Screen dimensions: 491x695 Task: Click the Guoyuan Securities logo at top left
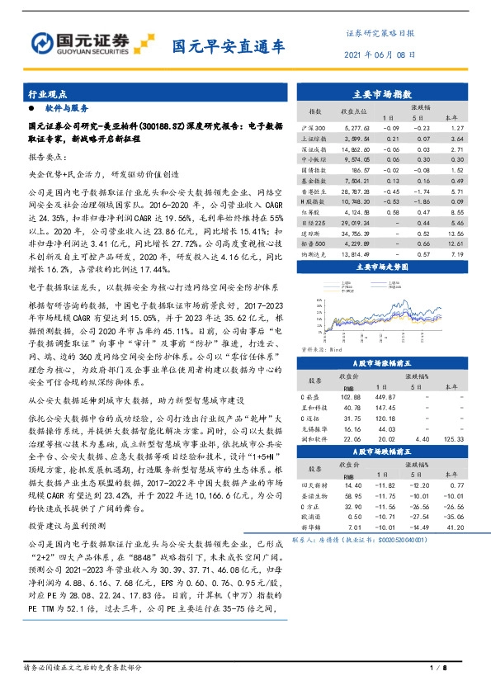[91, 42]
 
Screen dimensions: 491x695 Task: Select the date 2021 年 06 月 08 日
[378, 54]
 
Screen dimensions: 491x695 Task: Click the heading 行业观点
[45, 93]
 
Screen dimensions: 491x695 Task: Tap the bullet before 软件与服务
[31, 109]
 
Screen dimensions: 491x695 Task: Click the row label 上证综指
[314, 139]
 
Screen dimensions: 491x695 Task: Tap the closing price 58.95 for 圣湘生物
[349, 494]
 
